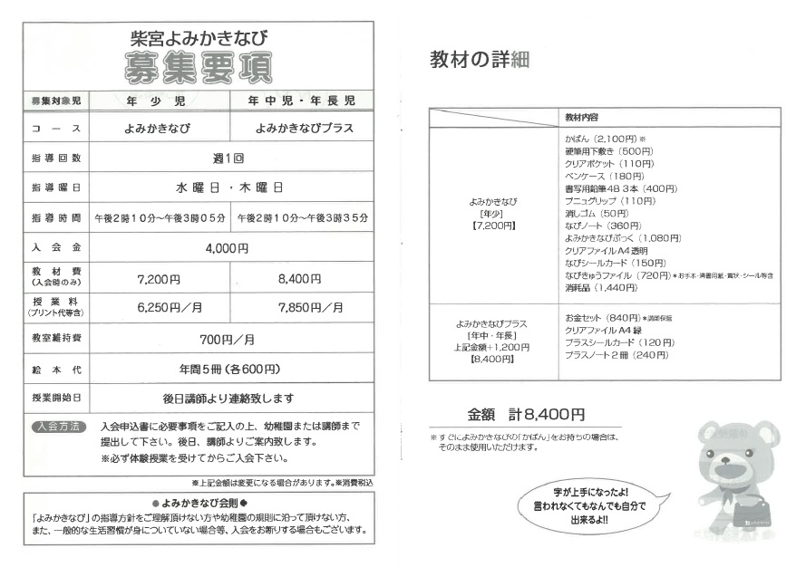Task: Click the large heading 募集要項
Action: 198,66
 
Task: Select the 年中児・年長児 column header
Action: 302,100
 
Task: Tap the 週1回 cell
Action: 228,158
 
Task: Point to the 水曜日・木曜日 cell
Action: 228,187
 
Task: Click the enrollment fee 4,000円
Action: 228,247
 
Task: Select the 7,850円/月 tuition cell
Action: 302,307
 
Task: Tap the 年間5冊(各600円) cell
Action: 228,369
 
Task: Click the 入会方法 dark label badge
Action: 58,426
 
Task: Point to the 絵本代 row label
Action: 56,369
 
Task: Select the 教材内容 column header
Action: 581,118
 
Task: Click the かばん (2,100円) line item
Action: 599,139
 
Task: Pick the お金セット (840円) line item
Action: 602,318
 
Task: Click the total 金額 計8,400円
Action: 526,414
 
